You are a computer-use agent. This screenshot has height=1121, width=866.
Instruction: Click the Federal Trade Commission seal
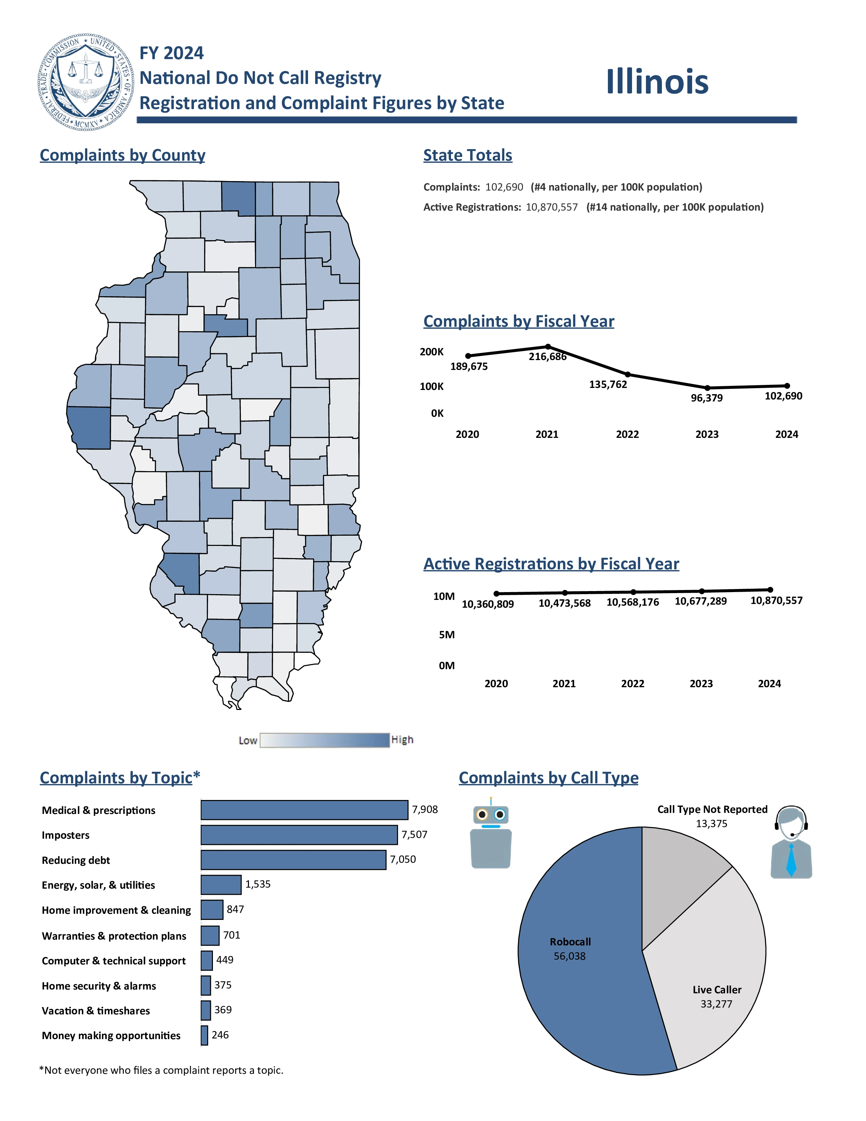tap(86, 82)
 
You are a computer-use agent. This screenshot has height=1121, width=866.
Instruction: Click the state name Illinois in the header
tap(657, 82)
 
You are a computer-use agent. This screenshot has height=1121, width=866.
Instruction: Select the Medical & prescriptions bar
tap(304, 809)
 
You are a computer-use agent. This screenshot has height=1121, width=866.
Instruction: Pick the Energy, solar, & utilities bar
tap(221, 884)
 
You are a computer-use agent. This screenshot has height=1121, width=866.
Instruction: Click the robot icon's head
tap(491, 815)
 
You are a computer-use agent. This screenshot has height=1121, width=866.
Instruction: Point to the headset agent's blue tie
tap(791, 860)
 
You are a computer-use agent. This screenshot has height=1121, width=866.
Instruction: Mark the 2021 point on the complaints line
tap(548, 346)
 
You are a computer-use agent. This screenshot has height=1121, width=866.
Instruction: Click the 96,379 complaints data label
tap(706, 398)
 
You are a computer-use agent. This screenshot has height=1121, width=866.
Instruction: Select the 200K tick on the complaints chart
tap(431, 352)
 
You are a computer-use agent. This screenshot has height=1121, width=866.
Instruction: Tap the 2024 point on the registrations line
tap(770, 590)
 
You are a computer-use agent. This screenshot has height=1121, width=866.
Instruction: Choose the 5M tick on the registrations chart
tap(446, 635)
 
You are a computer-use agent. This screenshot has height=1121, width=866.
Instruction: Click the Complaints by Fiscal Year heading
tap(519, 321)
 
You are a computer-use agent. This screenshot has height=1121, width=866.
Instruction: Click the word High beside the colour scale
tap(402, 740)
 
